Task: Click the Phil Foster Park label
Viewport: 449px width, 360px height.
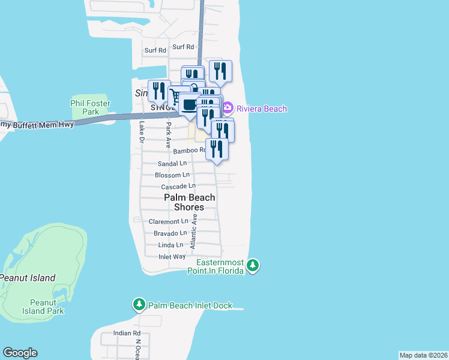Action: tap(91, 107)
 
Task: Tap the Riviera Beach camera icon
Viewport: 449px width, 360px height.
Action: tap(228, 109)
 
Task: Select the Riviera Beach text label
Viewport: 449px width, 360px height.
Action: tap(262, 109)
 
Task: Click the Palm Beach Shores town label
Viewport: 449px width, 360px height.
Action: tap(189, 202)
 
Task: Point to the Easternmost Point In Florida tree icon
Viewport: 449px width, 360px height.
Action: tap(253, 265)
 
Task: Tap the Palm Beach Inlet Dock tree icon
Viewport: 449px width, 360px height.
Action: tap(139, 305)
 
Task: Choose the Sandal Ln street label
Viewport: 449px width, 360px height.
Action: tap(172, 163)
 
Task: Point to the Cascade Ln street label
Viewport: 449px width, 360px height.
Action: tap(178, 187)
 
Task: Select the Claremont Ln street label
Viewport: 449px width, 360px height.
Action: tap(168, 221)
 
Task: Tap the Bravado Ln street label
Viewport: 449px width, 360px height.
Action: tap(170, 233)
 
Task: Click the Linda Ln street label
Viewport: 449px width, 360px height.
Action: tap(170, 245)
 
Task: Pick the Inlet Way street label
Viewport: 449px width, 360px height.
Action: tap(172, 256)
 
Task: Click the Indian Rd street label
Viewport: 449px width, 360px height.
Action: tap(127, 333)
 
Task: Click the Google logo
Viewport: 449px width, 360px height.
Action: tap(20, 353)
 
